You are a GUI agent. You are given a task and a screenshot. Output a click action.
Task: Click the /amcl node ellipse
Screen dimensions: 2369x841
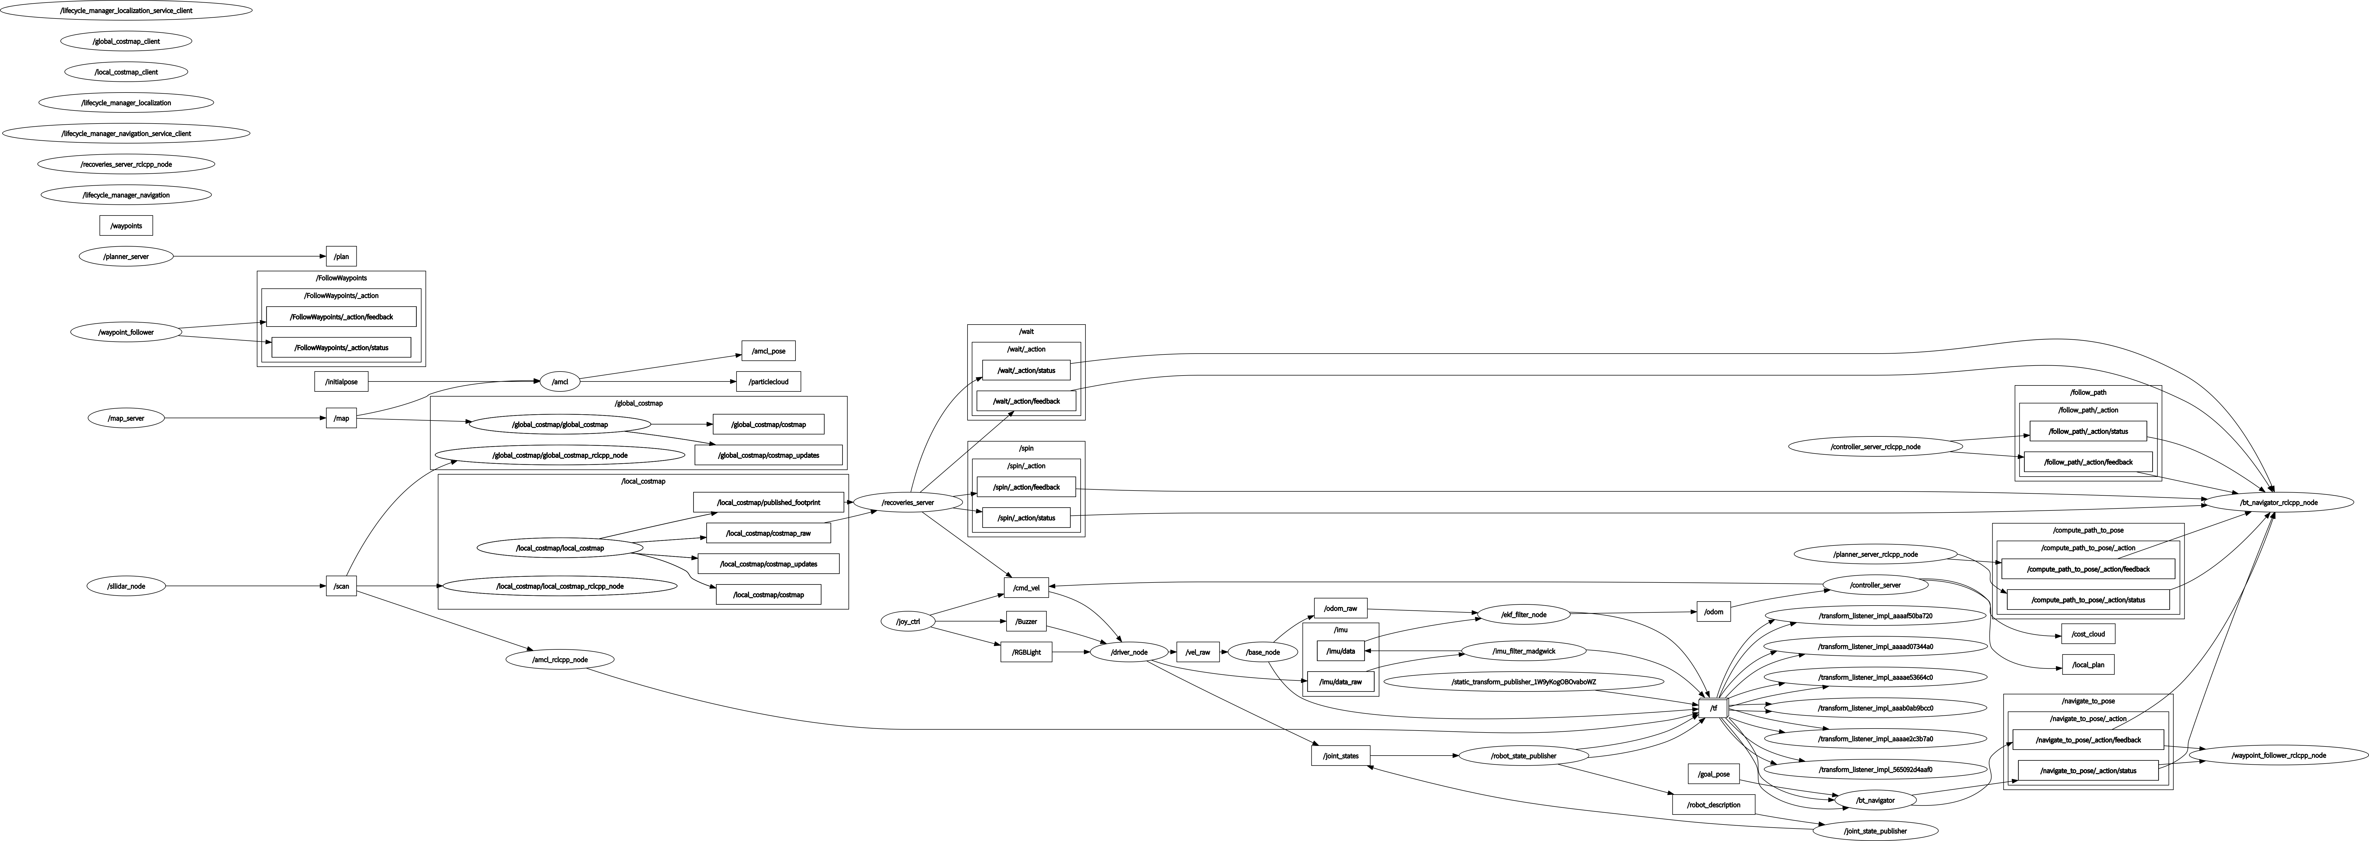point(559,381)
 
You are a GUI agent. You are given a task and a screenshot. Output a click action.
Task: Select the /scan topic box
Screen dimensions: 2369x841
point(341,586)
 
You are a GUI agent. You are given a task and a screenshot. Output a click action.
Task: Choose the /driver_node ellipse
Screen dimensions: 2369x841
point(1129,653)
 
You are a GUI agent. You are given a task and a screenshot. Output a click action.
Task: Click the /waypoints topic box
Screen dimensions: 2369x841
point(126,225)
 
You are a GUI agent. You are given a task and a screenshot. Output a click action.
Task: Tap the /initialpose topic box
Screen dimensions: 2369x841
point(341,381)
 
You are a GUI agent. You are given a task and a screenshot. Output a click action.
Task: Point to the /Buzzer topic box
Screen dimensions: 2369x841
point(1026,622)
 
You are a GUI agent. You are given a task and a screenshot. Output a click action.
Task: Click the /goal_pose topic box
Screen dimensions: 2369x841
point(1713,774)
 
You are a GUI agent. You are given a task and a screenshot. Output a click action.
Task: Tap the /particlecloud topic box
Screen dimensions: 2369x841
point(769,381)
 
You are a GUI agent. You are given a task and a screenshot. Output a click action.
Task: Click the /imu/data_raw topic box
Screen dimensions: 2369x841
point(1341,682)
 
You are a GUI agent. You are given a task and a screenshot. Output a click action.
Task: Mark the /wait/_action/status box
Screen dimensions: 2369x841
point(1026,370)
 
